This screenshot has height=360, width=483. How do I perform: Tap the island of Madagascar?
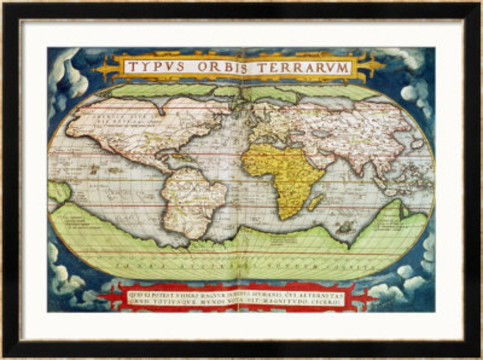point(316,202)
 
